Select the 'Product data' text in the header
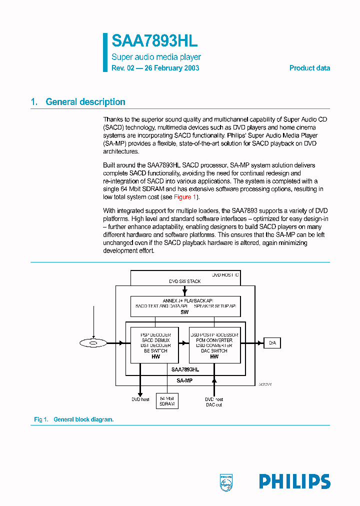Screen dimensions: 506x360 pos(309,68)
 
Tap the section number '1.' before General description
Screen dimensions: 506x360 pos(34,102)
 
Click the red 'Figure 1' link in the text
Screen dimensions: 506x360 pos(184,197)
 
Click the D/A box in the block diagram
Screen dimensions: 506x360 pos(272,343)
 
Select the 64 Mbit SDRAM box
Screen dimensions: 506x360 pos(167,401)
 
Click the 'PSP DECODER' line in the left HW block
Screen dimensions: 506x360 pos(155,334)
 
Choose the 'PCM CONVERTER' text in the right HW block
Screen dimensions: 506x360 pos(214,340)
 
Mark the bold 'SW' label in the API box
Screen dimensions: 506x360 pos(184,311)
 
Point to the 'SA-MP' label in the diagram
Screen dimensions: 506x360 pos(184,380)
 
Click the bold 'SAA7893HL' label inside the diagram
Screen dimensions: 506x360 pos(184,369)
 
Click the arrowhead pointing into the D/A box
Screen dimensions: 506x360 pos(261,343)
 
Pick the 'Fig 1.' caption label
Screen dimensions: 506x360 pos(40,419)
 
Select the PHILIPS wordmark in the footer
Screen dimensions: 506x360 pos(294,481)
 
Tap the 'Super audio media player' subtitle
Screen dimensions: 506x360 pos(156,57)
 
